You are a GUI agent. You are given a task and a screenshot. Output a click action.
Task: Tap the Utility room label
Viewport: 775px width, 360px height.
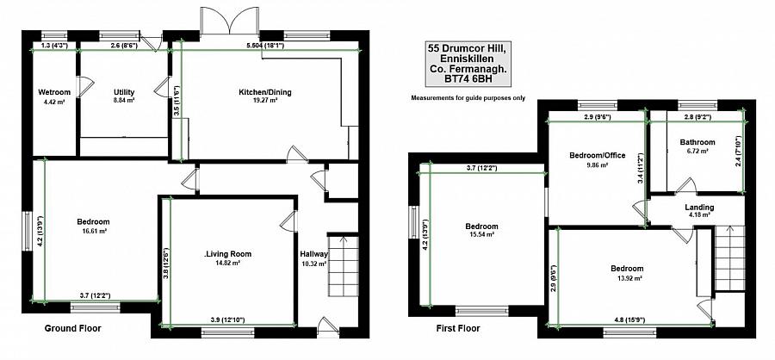tap(124, 92)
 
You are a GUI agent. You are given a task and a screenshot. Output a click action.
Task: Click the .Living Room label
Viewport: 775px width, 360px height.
tap(227, 253)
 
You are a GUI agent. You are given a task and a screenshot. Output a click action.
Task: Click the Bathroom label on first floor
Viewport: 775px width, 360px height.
tap(697, 142)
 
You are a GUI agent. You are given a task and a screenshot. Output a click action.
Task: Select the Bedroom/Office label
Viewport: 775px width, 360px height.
tap(596, 155)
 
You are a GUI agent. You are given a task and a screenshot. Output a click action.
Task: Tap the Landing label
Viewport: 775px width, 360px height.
tap(698, 207)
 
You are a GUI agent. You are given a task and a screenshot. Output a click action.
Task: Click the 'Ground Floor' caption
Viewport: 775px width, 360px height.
tap(72, 328)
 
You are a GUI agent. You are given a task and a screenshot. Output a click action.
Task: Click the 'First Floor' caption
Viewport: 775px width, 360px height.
tap(457, 328)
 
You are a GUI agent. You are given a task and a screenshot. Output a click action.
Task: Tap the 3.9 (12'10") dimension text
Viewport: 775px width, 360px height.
tap(226, 320)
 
